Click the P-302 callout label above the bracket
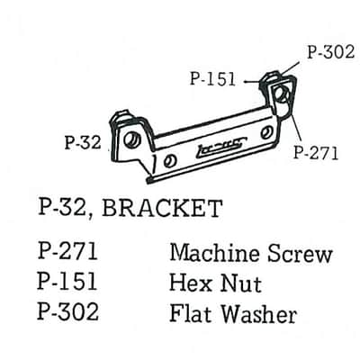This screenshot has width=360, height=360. coord(330,52)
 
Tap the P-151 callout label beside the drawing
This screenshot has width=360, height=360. coord(212,79)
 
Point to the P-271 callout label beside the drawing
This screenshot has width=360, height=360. coord(316,152)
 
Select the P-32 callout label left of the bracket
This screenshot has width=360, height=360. coord(83,142)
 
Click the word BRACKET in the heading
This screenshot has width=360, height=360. coord(162,209)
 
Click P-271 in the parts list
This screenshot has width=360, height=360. coord(67,251)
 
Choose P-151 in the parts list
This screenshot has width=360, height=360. coord(67,281)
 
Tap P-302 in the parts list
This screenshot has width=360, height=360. coord(67,311)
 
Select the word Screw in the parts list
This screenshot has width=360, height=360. coord(300,255)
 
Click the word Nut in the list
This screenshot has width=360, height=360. coord(241,283)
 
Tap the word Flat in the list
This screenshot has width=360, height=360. coord(192,313)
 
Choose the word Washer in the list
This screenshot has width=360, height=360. coord(259,314)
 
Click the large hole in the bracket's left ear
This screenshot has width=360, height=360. coord(132,139)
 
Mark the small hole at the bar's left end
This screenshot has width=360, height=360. coord(170,161)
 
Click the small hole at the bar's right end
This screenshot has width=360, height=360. coord(266,133)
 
